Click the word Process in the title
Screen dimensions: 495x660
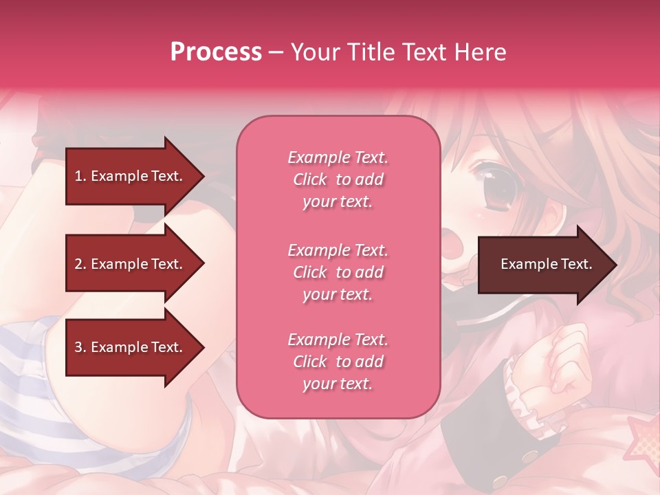point(216,52)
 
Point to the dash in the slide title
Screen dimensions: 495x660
point(275,53)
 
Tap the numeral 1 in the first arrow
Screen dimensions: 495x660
point(78,176)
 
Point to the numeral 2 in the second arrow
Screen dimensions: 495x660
point(78,264)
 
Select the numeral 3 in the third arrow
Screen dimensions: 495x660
point(78,347)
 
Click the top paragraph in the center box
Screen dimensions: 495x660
point(338,179)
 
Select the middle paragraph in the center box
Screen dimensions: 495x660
point(338,272)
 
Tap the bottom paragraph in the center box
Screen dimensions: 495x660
point(338,362)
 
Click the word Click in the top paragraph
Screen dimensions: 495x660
point(310,179)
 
